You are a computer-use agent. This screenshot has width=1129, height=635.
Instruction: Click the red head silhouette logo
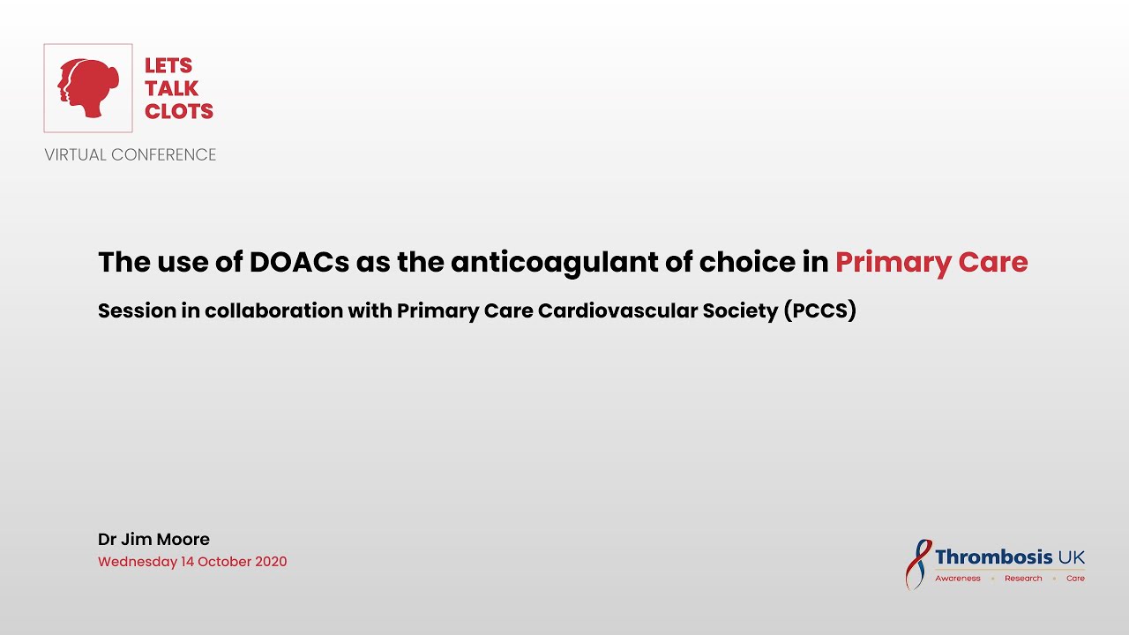[x=88, y=88]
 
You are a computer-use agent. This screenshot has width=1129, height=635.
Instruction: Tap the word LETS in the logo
[x=168, y=66]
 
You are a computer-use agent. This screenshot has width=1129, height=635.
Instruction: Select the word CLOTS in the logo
[x=179, y=111]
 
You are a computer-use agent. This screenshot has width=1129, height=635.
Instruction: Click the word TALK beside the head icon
[x=172, y=88]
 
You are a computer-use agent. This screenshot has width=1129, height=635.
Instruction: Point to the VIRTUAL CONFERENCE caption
[x=131, y=155]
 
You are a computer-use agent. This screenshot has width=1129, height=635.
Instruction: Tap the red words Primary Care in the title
[x=931, y=262]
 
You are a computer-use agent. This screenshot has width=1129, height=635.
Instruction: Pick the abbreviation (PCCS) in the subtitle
[x=819, y=311]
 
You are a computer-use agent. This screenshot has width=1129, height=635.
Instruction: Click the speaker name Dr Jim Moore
[x=153, y=539]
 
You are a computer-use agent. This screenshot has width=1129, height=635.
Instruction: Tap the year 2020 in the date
[x=268, y=562]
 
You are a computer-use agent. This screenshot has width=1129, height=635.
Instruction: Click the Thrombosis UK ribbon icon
[x=918, y=564]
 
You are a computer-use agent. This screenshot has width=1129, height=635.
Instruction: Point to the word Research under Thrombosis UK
[x=1023, y=579]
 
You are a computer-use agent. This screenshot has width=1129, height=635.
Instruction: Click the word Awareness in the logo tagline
[x=958, y=579]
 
